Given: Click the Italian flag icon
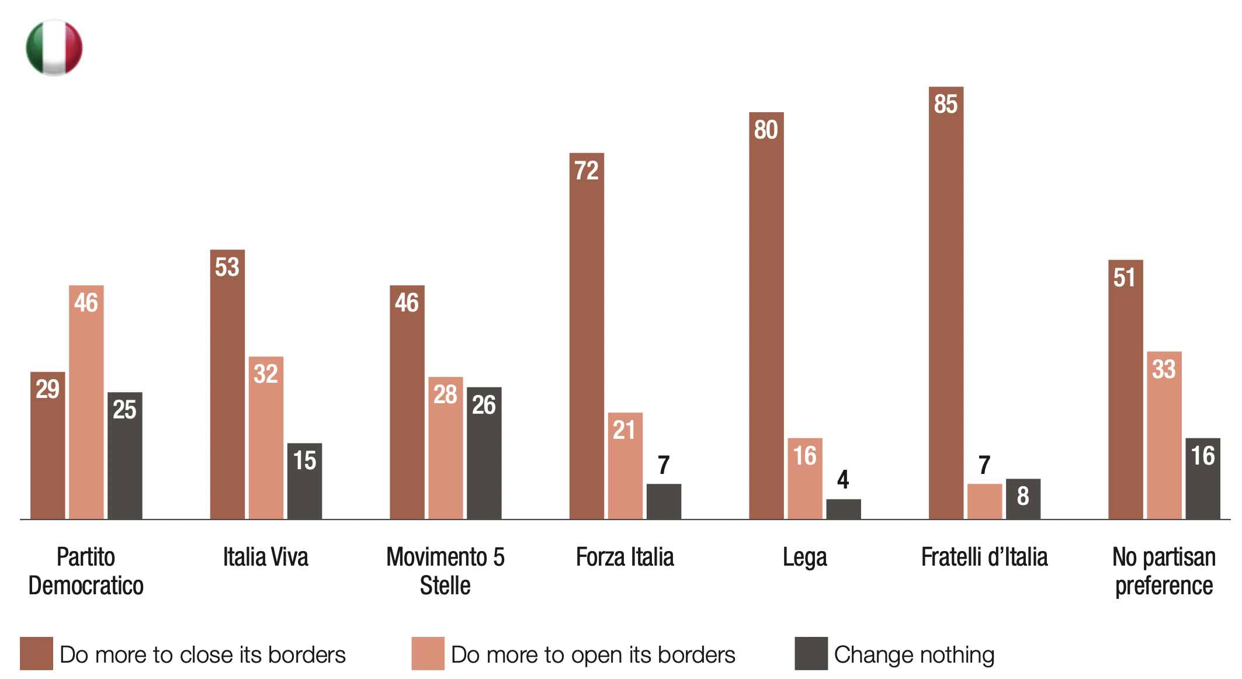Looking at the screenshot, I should point(54,48).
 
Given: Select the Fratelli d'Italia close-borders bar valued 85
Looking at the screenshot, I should point(945,304).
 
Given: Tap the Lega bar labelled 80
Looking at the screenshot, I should point(766,316).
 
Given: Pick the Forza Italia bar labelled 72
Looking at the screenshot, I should point(587,336).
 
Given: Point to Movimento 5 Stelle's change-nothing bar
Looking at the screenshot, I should point(484,453).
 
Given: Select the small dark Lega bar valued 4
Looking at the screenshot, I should point(843,509).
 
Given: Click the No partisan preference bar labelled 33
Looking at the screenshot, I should point(1164,435).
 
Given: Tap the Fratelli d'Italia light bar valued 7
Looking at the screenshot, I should point(984,501).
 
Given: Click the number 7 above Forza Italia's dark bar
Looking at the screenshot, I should point(663,466).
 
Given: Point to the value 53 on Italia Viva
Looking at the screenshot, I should point(227,267).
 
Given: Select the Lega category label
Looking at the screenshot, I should point(804,557).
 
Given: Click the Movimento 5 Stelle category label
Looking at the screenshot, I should point(445,571).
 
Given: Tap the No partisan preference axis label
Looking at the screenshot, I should point(1164,571).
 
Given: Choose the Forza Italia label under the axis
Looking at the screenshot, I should point(625,557).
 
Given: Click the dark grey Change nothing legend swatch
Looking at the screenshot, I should point(811,653).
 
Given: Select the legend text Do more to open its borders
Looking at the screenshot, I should point(592,655).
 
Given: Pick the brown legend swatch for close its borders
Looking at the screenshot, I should point(36,653).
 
